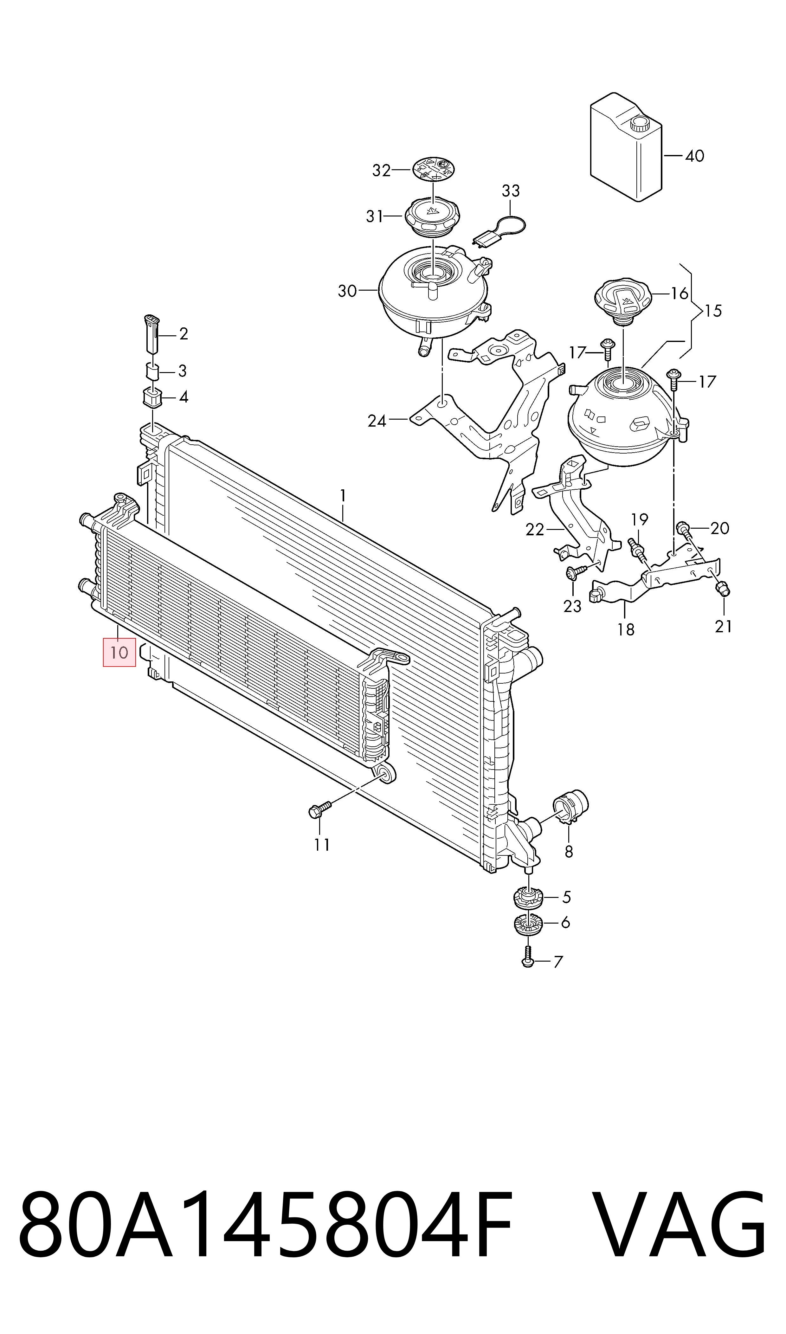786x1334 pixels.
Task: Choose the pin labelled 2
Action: pyautogui.click(x=152, y=332)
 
